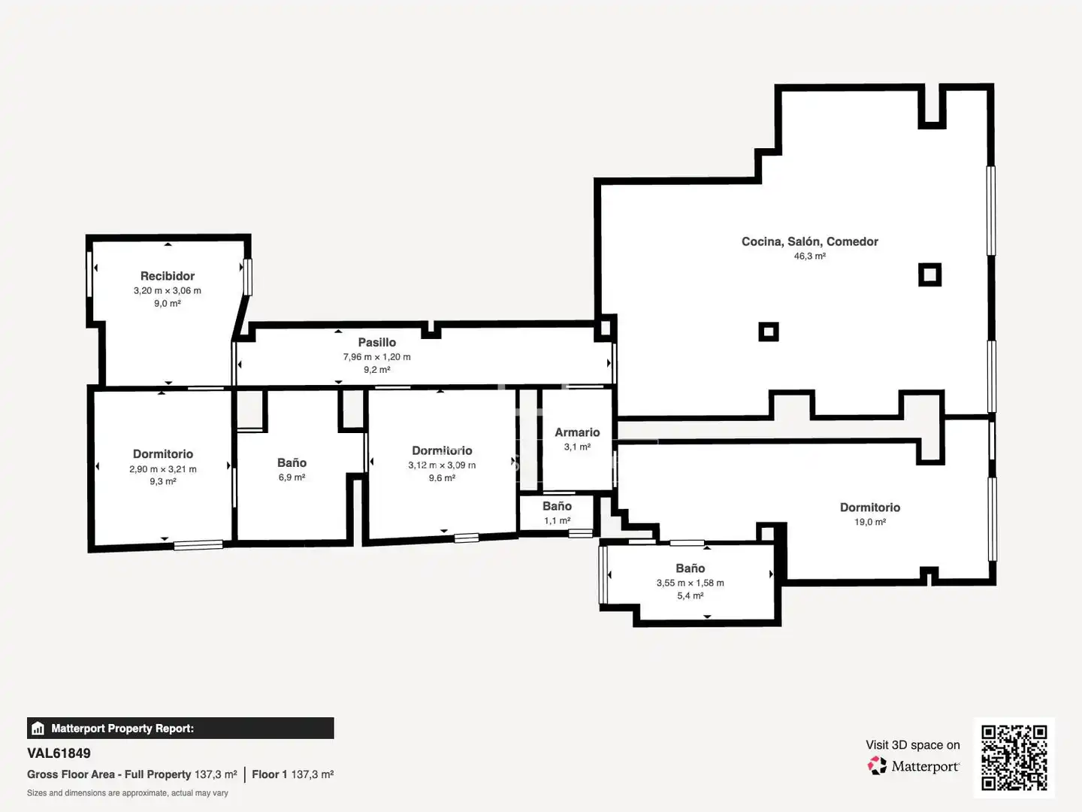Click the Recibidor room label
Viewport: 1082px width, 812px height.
coord(168,276)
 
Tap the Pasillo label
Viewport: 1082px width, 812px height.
coord(377,342)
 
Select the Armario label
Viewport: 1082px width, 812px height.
coord(577,432)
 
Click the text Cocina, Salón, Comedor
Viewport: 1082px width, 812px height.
coord(810,241)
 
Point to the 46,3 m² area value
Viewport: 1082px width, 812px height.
coord(810,256)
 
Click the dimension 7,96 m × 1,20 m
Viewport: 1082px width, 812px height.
coord(377,356)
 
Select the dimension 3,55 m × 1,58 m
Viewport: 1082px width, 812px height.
coord(690,583)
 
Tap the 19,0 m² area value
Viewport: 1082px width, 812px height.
coord(870,522)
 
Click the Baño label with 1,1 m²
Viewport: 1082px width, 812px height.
coord(557,506)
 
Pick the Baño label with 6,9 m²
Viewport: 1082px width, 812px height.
coord(292,463)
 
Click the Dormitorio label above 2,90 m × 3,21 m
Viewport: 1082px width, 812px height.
coord(163,454)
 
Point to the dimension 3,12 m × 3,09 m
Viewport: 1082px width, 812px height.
coord(442,465)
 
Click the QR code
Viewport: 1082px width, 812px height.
coord(1014,757)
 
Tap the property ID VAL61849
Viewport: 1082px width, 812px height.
coord(59,753)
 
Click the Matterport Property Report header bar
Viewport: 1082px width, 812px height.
coord(180,729)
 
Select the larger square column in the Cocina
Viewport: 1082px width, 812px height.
coord(929,274)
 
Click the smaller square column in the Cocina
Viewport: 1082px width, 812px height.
coord(769,332)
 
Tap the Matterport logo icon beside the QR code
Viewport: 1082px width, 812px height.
coord(877,765)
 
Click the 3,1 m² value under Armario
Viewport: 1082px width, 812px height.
coord(577,447)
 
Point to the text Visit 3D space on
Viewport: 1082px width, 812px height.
coord(912,745)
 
